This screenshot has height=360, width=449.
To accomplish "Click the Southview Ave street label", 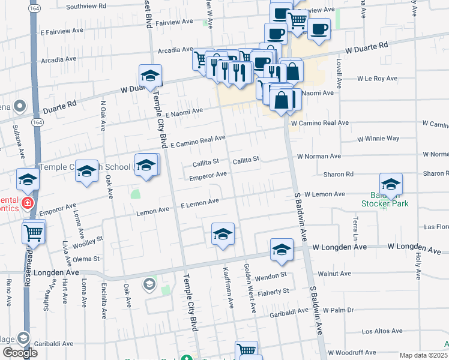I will pyautogui.click(x=86, y=7).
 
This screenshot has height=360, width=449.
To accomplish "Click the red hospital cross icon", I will pyautogui.click(x=26, y=203).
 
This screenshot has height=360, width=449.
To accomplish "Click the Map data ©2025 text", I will pyautogui.click(x=424, y=355).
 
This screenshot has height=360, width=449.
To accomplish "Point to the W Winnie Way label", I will pyautogui.click(x=378, y=139).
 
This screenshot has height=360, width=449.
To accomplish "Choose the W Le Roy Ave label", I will pyautogui.click(x=378, y=79).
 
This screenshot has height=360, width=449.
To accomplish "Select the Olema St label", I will pyautogui.click(x=86, y=259).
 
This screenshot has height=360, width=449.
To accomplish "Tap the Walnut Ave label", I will pyautogui.click(x=334, y=273).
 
